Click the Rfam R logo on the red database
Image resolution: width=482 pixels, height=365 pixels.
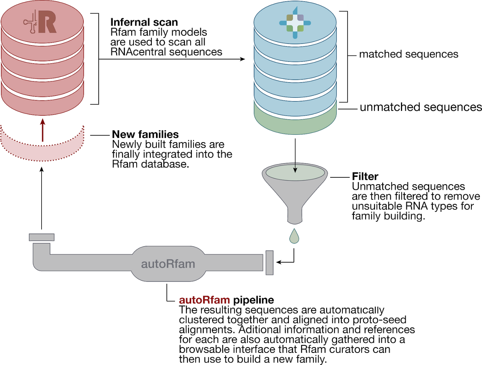click(40, 22)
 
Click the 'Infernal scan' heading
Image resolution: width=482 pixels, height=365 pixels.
click(144, 22)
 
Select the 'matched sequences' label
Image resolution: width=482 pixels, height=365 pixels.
click(409, 54)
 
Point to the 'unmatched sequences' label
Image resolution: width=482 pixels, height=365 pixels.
click(421, 107)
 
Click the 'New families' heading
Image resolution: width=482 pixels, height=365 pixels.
click(146, 134)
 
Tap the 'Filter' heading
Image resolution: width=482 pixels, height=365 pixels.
click(365, 176)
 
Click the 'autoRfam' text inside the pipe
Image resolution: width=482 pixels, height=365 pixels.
click(168, 264)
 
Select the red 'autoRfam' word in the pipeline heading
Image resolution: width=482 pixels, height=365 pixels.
click(205, 300)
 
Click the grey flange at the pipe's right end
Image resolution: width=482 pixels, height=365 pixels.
click(269, 262)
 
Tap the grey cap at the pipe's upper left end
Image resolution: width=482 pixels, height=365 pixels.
click(42, 237)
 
